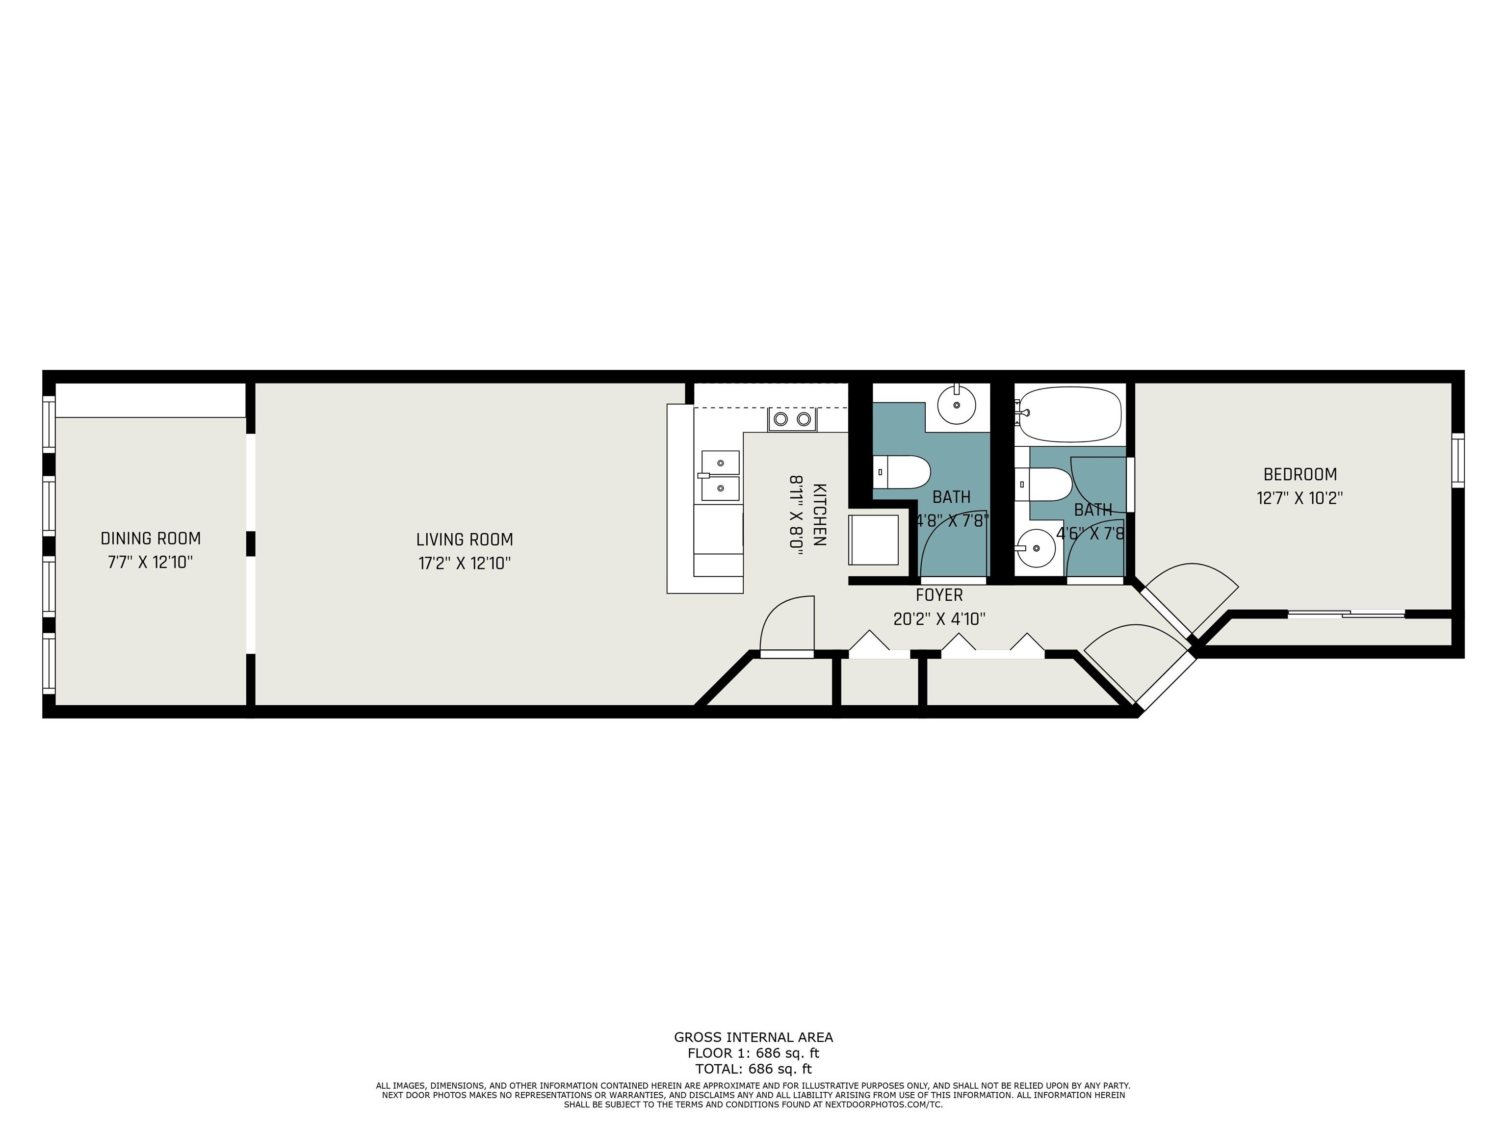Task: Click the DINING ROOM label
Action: coord(151,539)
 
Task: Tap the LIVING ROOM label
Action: coord(465,539)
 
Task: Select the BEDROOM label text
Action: coord(1300,474)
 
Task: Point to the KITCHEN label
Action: coord(820,514)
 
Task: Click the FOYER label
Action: coord(939,595)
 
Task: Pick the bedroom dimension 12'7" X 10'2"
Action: coord(1300,498)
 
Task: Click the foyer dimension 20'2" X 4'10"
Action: coord(939,619)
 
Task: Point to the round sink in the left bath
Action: coord(957,405)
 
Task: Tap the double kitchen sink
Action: coord(720,475)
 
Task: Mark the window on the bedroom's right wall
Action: coord(1458,461)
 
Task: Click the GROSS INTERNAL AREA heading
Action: coord(753,1037)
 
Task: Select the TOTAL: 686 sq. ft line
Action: coord(753,1069)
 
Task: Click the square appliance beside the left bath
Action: coord(873,539)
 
